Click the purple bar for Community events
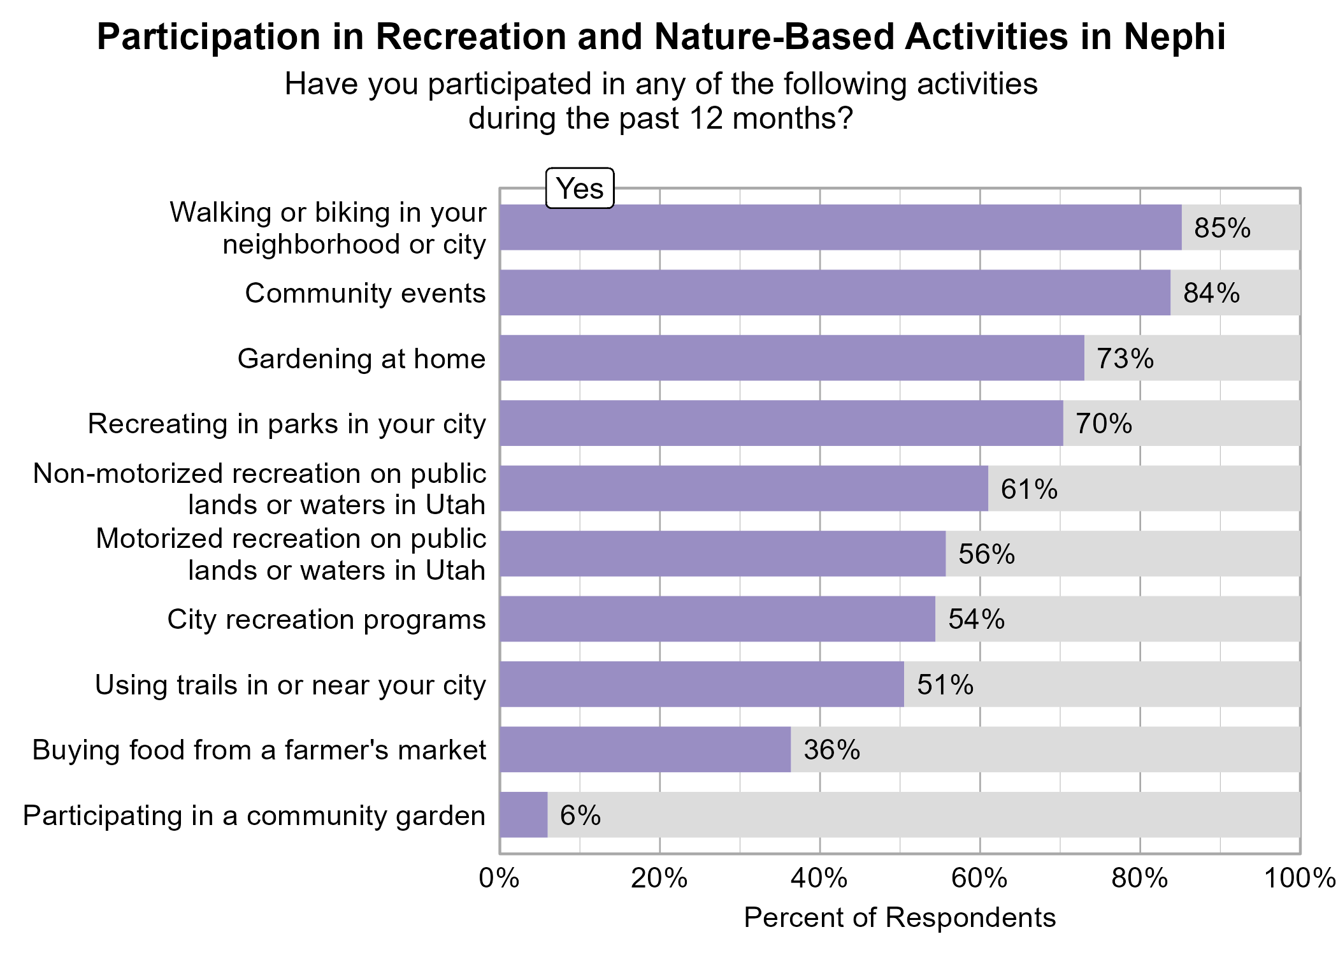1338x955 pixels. (835, 292)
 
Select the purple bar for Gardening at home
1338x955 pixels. (792, 358)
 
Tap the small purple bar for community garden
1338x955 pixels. (523, 815)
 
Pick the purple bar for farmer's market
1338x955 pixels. (645, 750)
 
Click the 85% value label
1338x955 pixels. (1222, 228)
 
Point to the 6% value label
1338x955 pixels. (580, 815)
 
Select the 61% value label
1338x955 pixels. (1028, 489)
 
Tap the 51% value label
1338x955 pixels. (945, 685)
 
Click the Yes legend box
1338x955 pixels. (580, 189)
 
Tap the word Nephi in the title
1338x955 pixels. (1174, 37)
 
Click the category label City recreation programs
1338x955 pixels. (326, 620)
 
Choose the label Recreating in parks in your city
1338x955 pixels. (287, 424)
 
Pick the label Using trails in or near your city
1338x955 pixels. (290, 686)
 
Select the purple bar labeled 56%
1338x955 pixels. (723, 554)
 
